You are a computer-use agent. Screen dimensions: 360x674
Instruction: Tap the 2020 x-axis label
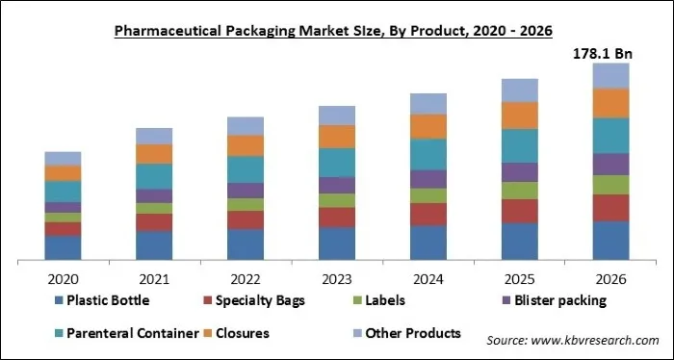(63, 278)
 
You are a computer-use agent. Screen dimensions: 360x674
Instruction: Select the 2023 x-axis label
(337, 278)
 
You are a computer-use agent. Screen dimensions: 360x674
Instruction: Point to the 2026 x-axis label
(610, 278)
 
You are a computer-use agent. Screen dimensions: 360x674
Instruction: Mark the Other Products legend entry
(405, 333)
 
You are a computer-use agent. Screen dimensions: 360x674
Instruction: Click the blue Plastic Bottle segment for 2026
(610, 241)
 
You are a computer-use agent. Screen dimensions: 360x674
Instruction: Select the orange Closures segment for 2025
(520, 116)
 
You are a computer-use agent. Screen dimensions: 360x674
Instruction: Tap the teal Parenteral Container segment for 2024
(428, 154)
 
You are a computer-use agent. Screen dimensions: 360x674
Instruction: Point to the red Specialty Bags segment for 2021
(154, 222)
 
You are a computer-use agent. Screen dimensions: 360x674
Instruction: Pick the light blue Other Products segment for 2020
(63, 158)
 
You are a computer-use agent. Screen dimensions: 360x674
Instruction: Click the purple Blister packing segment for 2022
(246, 191)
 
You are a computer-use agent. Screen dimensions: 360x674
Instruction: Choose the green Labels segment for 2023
(337, 200)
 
